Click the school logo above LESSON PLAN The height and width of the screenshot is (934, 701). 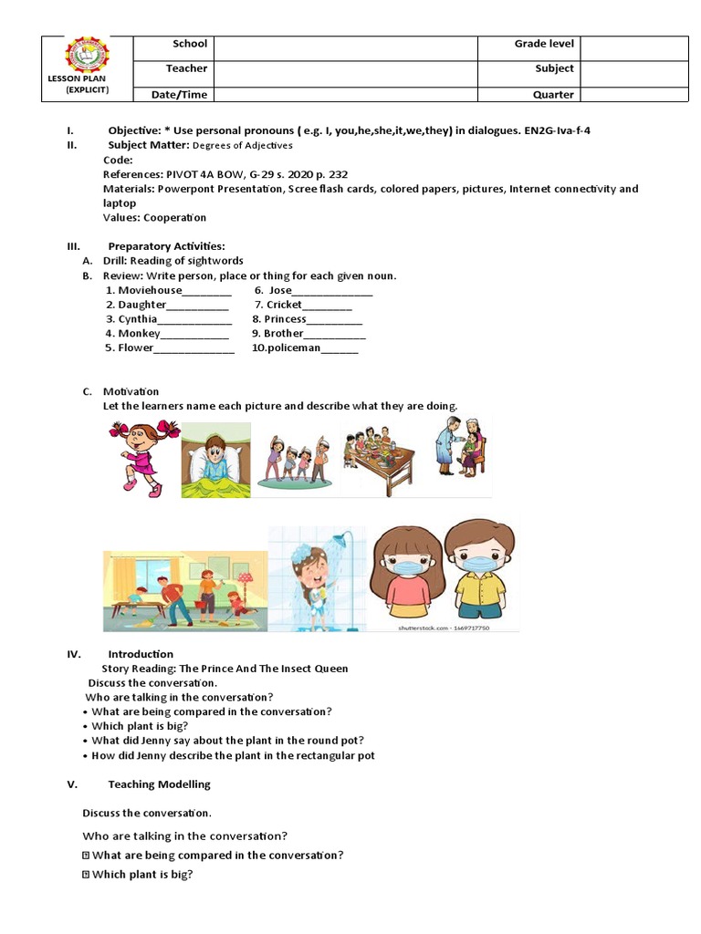pyautogui.click(x=86, y=56)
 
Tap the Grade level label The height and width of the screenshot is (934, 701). pyautogui.click(x=544, y=44)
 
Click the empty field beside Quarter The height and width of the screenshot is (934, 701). pyautogui.click(x=633, y=95)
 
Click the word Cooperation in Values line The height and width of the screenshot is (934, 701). pyautogui.click(x=174, y=218)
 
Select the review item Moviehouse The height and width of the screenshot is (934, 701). pyautogui.click(x=150, y=290)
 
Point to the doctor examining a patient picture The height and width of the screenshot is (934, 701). pyautogui.click(x=461, y=446)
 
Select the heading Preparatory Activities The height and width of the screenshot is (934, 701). pyautogui.click(x=166, y=246)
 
